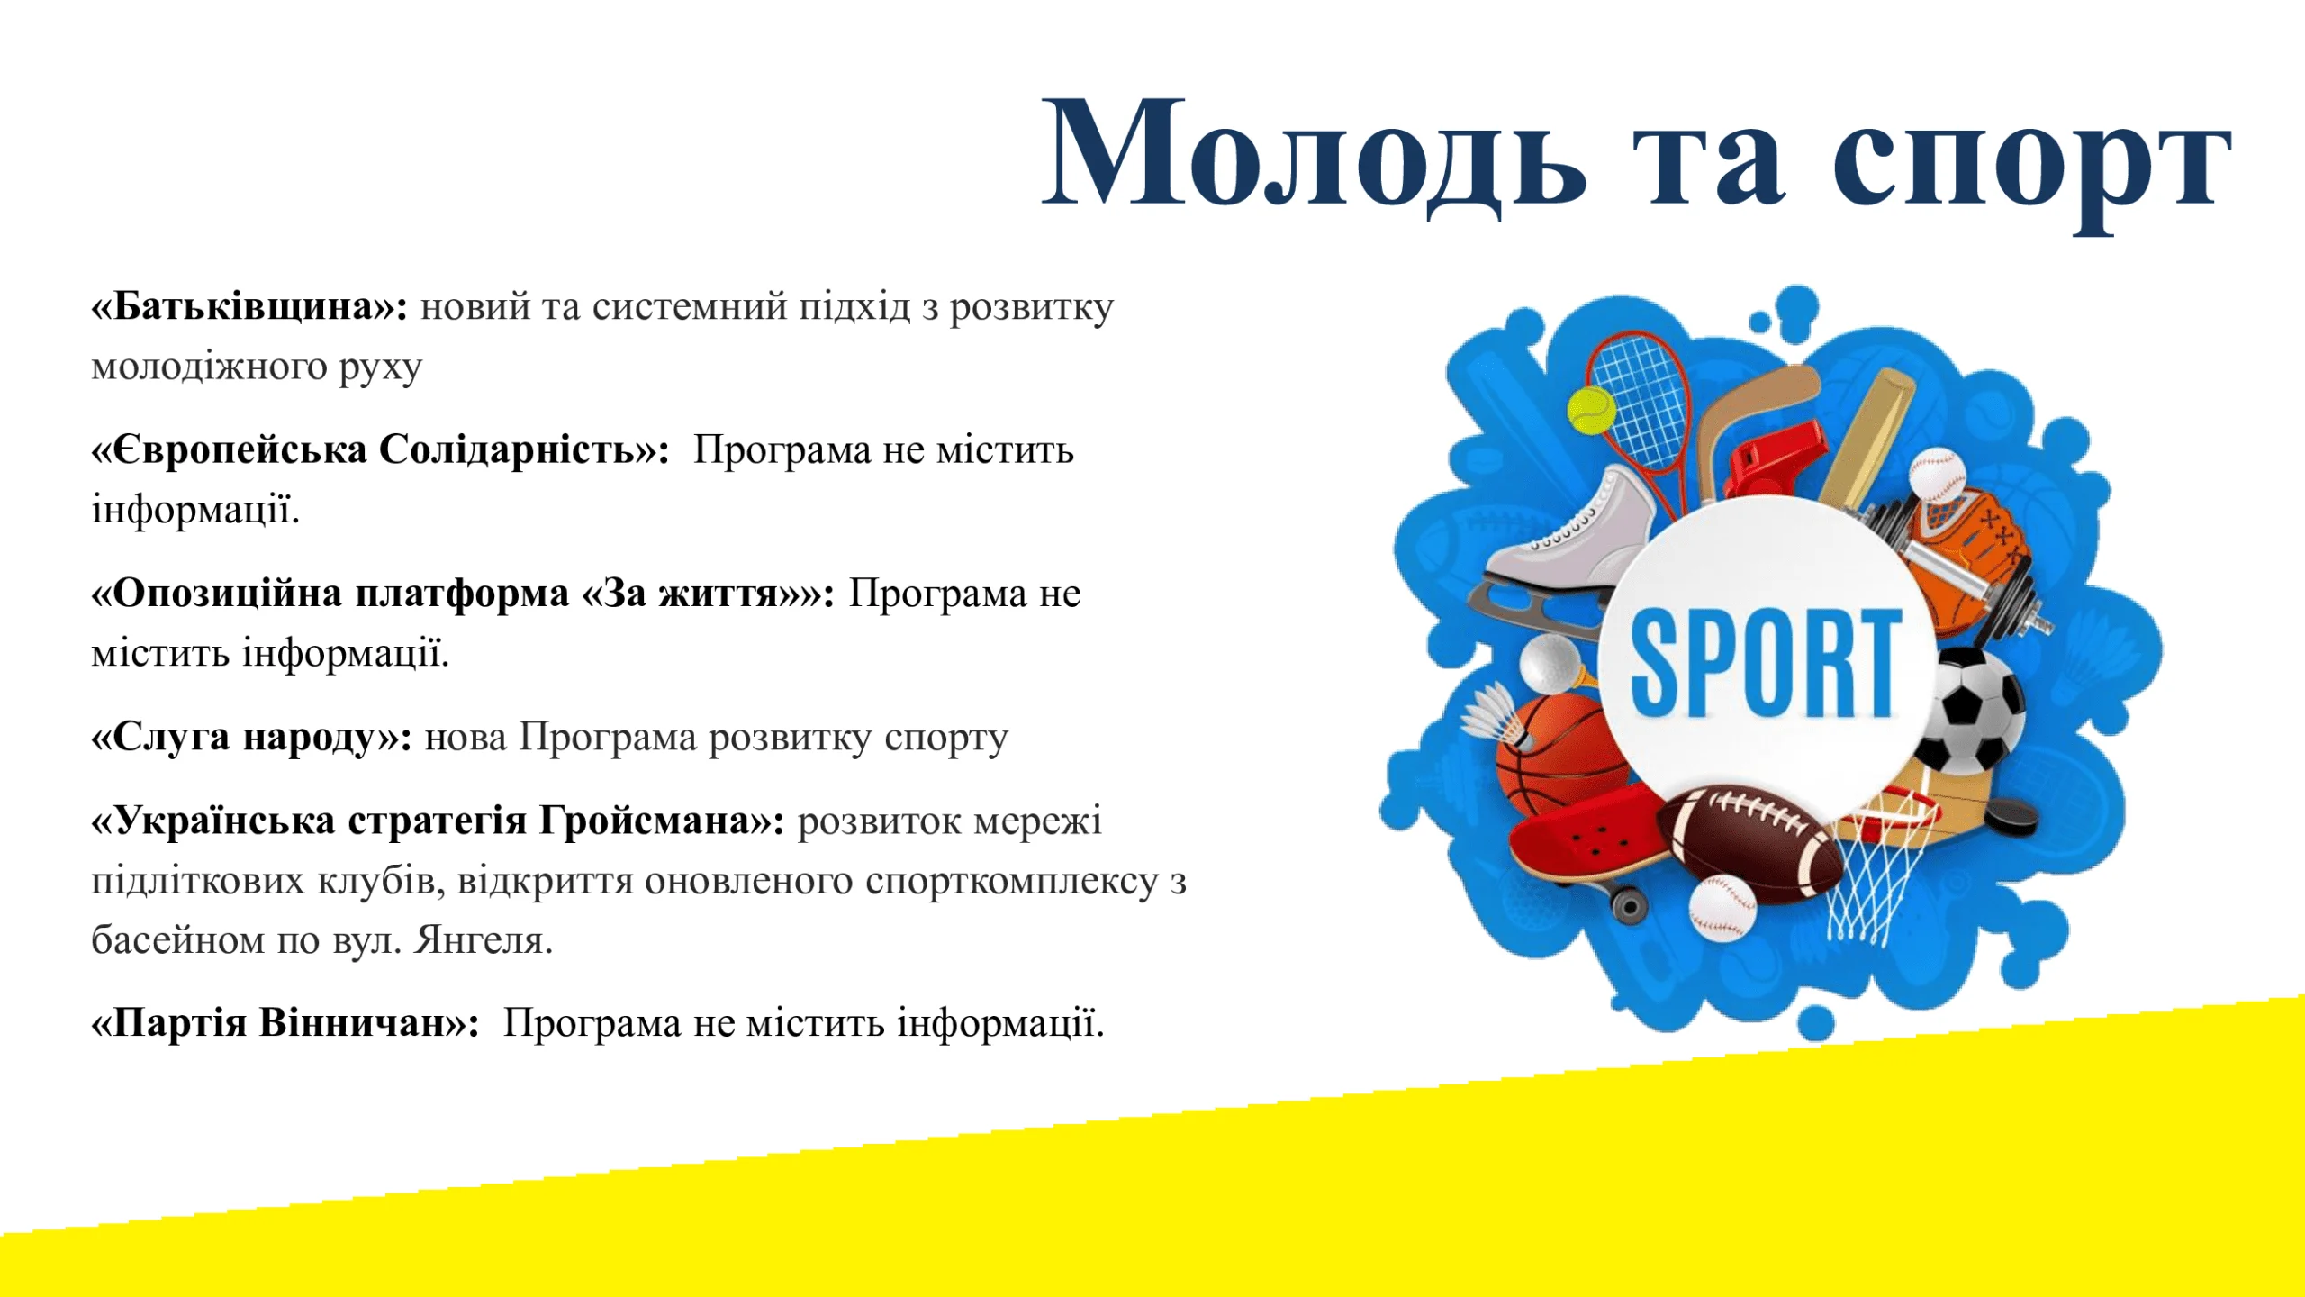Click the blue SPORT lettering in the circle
point(1767,663)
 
